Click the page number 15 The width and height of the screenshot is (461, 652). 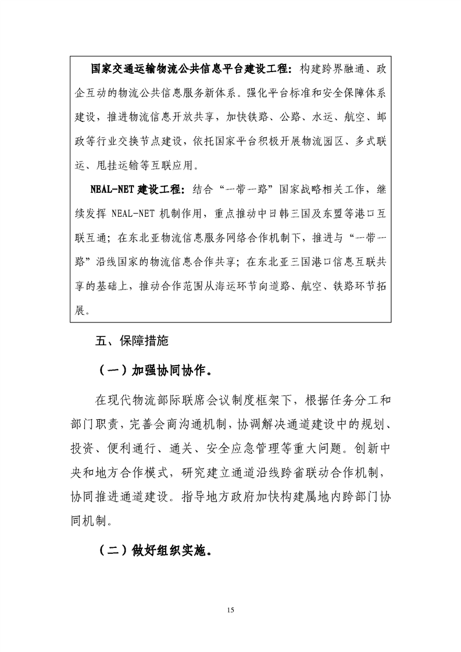point(231,610)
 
